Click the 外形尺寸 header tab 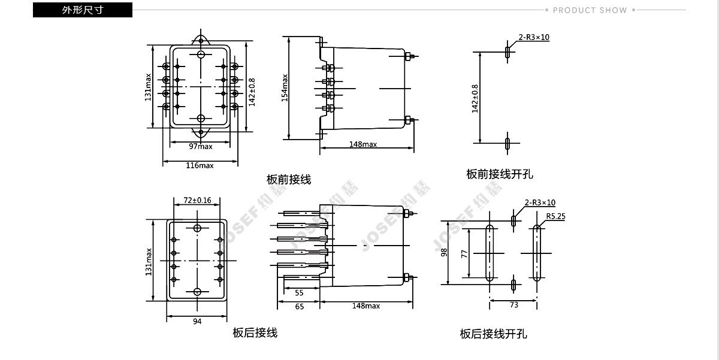pyautogui.click(x=82, y=10)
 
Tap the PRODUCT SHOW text pyautogui.click(x=590, y=10)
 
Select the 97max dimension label pyautogui.click(x=201, y=147)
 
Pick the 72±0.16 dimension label pyautogui.click(x=197, y=200)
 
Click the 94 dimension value pyautogui.click(x=198, y=322)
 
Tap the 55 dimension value pyautogui.click(x=299, y=293)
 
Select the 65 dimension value pyautogui.click(x=299, y=306)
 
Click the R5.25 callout pyautogui.click(x=555, y=216)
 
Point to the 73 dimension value pyautogui.click(x=514, y=305)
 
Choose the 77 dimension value pyautogui.click(x=464, y=253)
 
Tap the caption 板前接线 pyautogui.click(x=289, y=179)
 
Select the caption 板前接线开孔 pyautogui.click(x=500, y=174)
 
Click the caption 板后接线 pyautogui.click(x=255, y=332)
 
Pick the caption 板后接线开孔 pyautogui.click(x=494, y=334)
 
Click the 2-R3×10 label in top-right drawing pyautogui.click(x=534, y=37)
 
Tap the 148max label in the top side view pyautogui.click(x=363, y=144)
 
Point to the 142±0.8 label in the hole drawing pyautogui.click(x=475, y=98)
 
